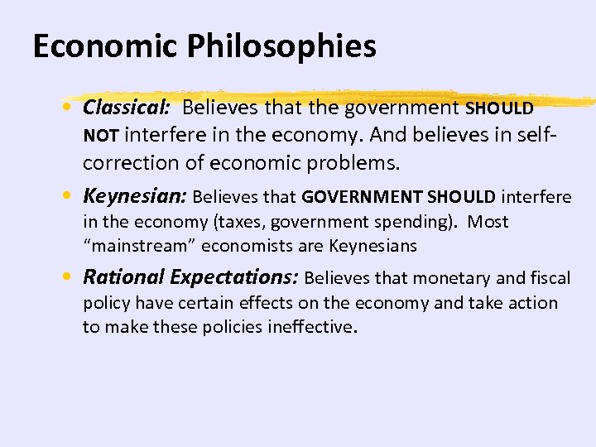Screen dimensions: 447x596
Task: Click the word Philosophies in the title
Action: click(282, 47)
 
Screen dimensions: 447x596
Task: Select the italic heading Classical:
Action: click(128, 108)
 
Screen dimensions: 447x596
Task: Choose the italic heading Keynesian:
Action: click(135, 196)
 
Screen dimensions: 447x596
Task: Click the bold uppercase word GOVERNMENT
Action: click(357, 197)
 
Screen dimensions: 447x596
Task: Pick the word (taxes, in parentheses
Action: click(241, 222)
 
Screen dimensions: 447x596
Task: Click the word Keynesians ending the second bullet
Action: click(372, 246)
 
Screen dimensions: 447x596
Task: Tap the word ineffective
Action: click(308, 326)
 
